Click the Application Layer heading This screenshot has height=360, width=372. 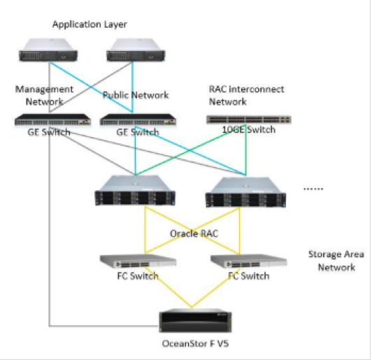pyautogui.click(x=90, y=24)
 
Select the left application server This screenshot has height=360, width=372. pyautogui.click(x=48, y=50)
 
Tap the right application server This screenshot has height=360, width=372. pyautogui.click(x=136, y=50)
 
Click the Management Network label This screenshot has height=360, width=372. pyautogui.click(x=44, y=95)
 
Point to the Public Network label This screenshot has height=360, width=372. pyautogui.click(x=136, y=95)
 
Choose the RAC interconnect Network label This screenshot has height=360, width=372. pyautogui.click(x=246, y=95)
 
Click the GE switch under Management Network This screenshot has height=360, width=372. pyautogui.click(x=52, y=120)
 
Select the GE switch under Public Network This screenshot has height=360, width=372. pyautogui.click(x=138, y=120)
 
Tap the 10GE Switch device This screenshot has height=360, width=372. pyautogui.click(x=249, y=120)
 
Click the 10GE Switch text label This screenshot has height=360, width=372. pyautogui.click(x=249, y=130)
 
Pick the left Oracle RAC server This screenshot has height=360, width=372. pyautogui.click(x=135, y=190)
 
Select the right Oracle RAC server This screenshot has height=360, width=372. pyautogui.click(x=246, y=192)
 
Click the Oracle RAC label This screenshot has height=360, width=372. pyautogui.click(x=194, y=233)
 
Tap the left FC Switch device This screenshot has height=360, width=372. pyautogui.click(x=138, y=261)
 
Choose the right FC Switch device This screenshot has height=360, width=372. pyautogui.click(x=249, y=261)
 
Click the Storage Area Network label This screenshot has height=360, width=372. pyautogui.click(x=336, y=261)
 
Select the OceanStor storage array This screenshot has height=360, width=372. pyautogui.click(x=195, y=321)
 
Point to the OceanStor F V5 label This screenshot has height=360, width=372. pyautogui.click(x=195, y=344)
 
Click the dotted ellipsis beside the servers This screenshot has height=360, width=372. pyautogui.click(x=313, y=189)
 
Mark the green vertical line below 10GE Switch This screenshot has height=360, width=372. pyautogui.click(x=246, y=150)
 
